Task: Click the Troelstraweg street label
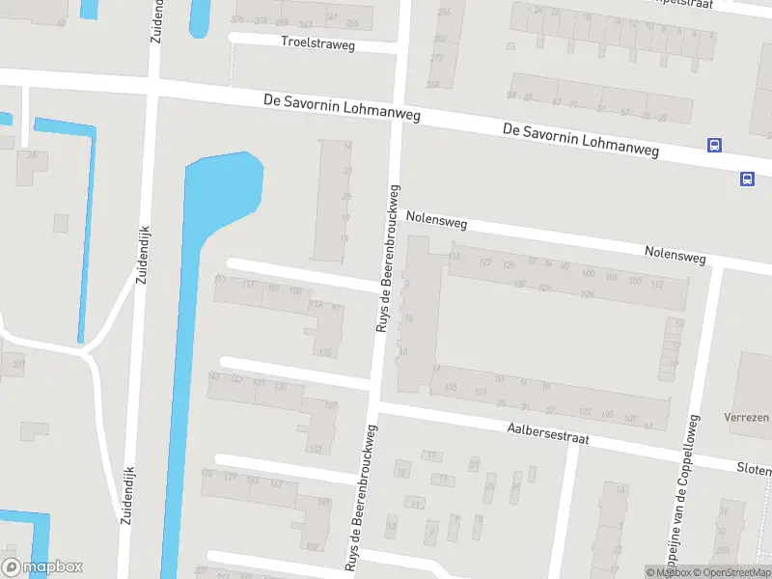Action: coord(317,43)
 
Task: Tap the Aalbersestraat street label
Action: coord(547,431)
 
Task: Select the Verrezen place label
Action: coord(747,418)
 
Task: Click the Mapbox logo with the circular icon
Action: coord(41,567)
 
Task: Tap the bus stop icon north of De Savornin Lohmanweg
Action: coord(714,146)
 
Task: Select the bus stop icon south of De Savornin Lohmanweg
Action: coord(747,179)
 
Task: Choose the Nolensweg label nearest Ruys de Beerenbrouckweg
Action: coord(436,221)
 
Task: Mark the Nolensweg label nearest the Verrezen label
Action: coord(675,254)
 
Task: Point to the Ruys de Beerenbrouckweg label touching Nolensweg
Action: coord(386,261)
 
